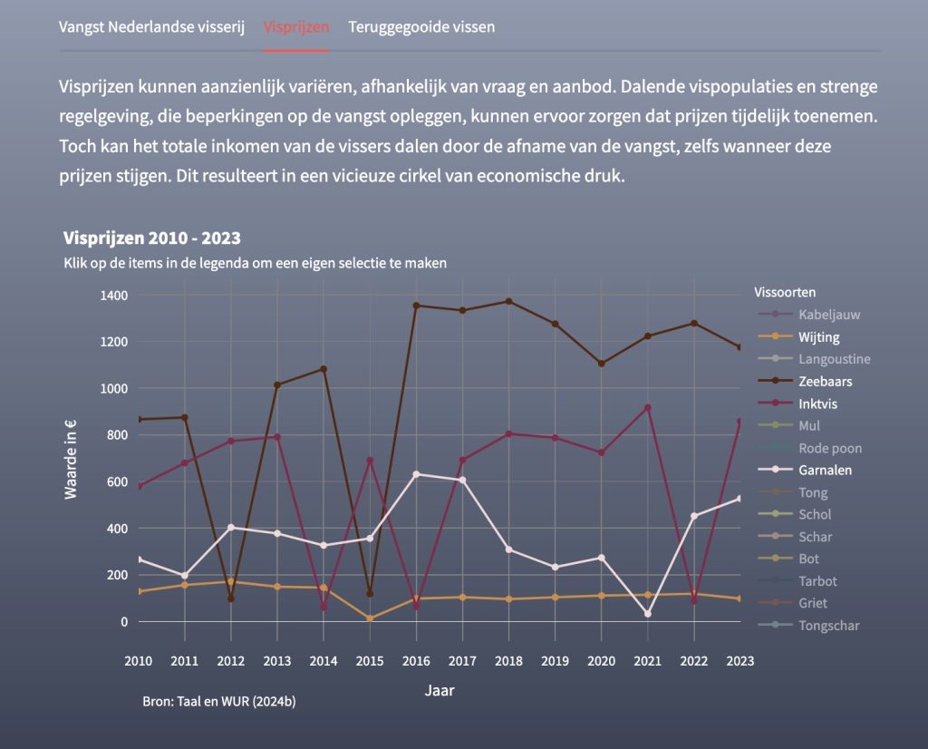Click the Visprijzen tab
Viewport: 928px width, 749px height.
(296, 26)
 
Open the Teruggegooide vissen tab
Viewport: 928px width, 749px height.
(421, 26)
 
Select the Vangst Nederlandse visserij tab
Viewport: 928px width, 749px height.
(152, 26)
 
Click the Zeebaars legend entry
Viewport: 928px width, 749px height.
(825, 382)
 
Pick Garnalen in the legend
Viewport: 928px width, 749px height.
(825, 471)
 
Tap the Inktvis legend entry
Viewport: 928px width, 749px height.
(818, 404)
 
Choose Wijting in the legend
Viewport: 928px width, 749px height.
(819, 337)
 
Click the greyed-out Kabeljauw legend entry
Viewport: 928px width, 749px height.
(829, 315)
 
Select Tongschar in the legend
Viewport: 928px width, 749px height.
(828, 626)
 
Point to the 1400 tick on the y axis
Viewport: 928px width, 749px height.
(114, 296)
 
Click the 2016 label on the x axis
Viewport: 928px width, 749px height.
(416, 660)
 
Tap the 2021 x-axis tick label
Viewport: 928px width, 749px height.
(647, 660)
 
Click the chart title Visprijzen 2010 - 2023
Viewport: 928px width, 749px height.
(151, 238)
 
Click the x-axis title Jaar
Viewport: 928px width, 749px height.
(440, 690)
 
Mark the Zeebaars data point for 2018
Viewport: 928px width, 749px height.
(508, 301)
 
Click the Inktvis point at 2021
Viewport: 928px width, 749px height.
(647, 408)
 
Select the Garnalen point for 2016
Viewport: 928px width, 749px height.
(416, 474)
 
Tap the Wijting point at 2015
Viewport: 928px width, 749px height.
(370, 618)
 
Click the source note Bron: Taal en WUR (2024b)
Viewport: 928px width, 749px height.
(218, 702)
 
